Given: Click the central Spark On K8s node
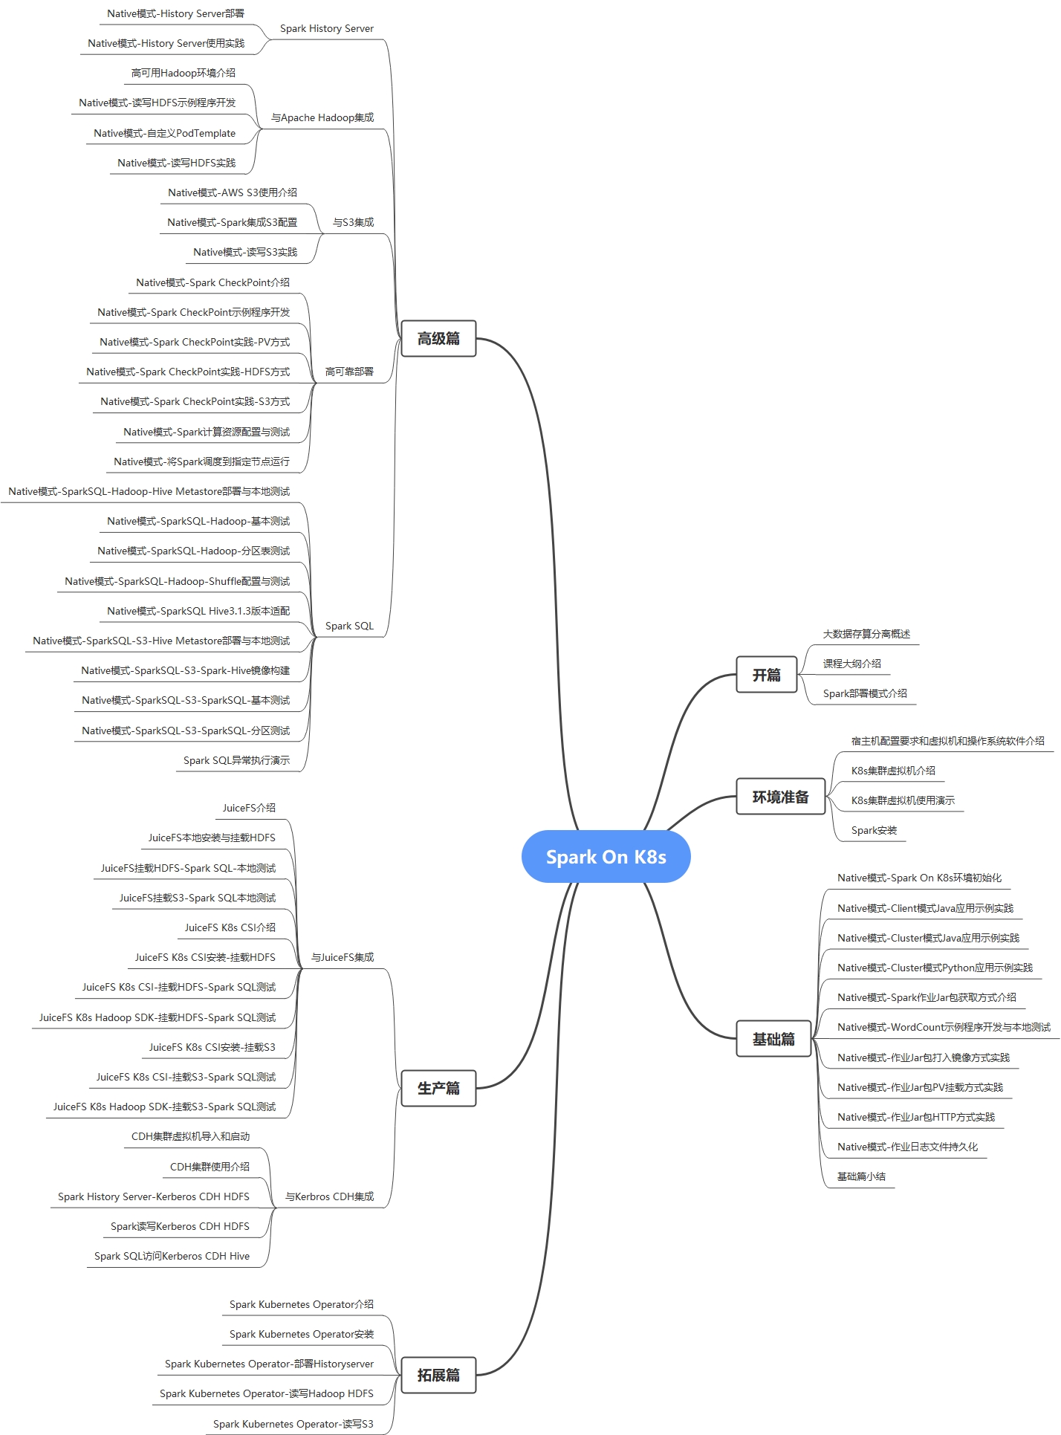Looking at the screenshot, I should [606, 857].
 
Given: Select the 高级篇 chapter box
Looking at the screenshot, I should [438, 339].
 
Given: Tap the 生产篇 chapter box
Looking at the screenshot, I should [438, 1088].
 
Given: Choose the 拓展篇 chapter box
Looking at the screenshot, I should [438, 1375].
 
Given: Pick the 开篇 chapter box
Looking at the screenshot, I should [766, 675].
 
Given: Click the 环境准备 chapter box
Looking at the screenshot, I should [780, 797].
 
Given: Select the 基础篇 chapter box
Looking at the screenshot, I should [773, 1039].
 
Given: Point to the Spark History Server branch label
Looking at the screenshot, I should [326, 28].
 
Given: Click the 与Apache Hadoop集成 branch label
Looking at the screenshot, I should [322, 117].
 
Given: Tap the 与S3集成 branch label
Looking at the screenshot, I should [353, 222].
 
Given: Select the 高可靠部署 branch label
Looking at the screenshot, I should [349, 372].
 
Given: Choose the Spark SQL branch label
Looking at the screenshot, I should [349, 626].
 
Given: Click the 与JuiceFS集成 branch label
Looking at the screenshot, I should [343, 957].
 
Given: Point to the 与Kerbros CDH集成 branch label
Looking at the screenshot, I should [329, 1196].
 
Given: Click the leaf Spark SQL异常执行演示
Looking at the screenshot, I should [236, 760].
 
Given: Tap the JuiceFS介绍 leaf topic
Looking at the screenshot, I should [249, 808].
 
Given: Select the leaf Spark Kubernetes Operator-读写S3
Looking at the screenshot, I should [293, 1424].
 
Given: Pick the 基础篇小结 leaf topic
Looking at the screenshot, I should [861, 1176].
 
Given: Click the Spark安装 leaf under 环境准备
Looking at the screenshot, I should [874, 830].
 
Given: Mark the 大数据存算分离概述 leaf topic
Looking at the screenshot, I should [866, 634].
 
